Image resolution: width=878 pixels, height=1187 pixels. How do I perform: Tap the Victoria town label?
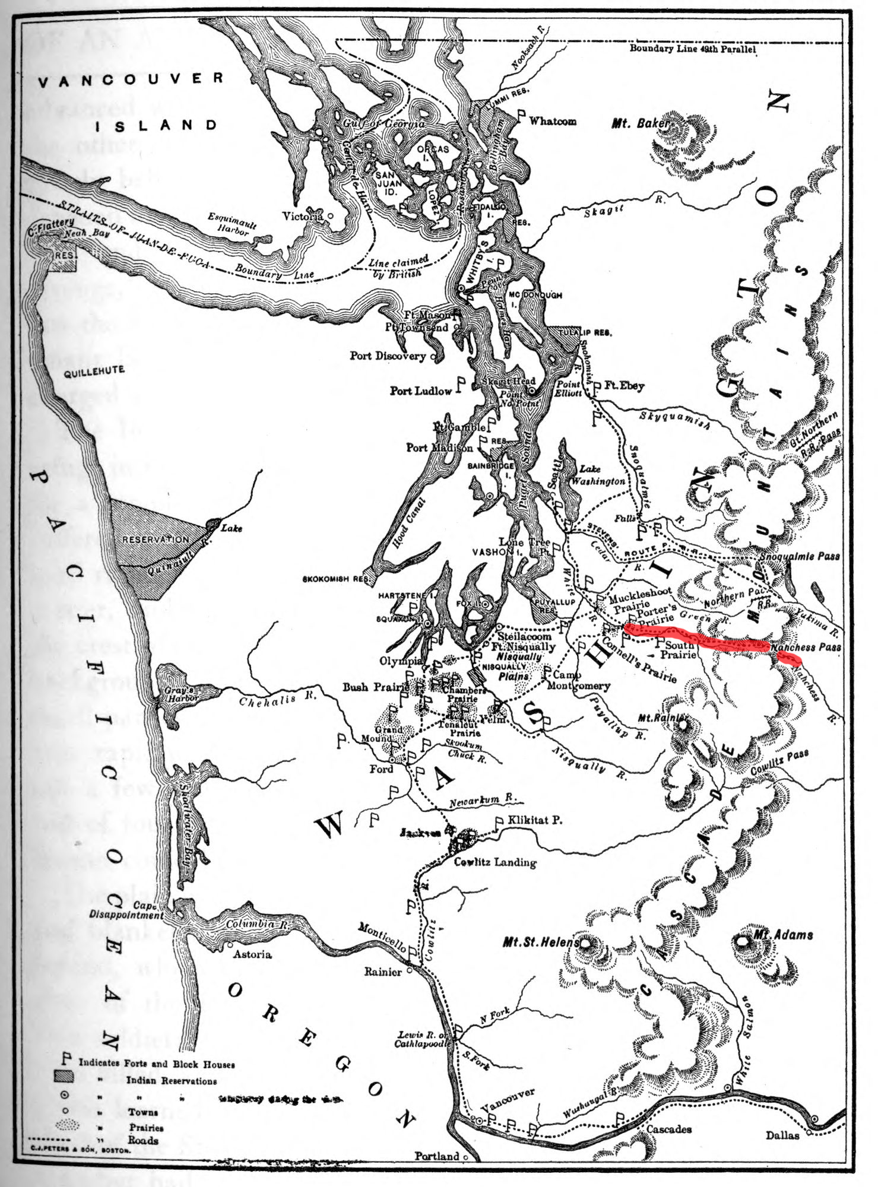point(302,216)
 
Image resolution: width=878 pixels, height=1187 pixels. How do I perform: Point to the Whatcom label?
point(552,121)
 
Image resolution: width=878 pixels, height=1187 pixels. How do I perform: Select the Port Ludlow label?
point(420,391)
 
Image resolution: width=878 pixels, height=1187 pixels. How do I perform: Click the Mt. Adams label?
point(783,935)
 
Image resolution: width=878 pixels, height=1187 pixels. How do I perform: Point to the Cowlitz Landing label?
point(495,862)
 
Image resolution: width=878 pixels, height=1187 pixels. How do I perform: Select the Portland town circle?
point(466,1157)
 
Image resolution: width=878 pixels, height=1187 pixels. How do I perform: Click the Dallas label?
point(782,1135)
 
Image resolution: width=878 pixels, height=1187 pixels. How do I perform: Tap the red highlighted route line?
point(701,640)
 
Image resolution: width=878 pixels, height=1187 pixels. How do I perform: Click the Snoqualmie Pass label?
point(800,556)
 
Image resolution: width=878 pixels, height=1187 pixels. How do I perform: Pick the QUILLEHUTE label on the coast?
point(94,372)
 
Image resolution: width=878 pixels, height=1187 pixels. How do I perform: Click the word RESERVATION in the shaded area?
point(156,539)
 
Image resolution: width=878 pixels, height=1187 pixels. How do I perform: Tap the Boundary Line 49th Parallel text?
point(692,49)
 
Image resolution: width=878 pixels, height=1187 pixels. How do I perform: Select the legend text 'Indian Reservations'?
point(171,1081)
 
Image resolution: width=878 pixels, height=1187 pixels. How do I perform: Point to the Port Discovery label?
point(387,356)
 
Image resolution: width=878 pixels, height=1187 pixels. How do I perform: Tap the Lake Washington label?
point(597,475)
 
